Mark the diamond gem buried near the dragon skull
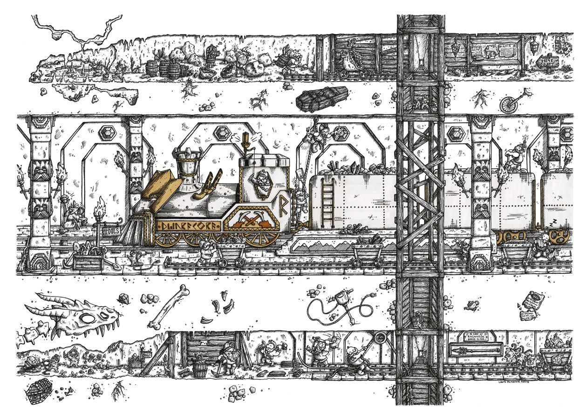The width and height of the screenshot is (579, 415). [123, 299]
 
